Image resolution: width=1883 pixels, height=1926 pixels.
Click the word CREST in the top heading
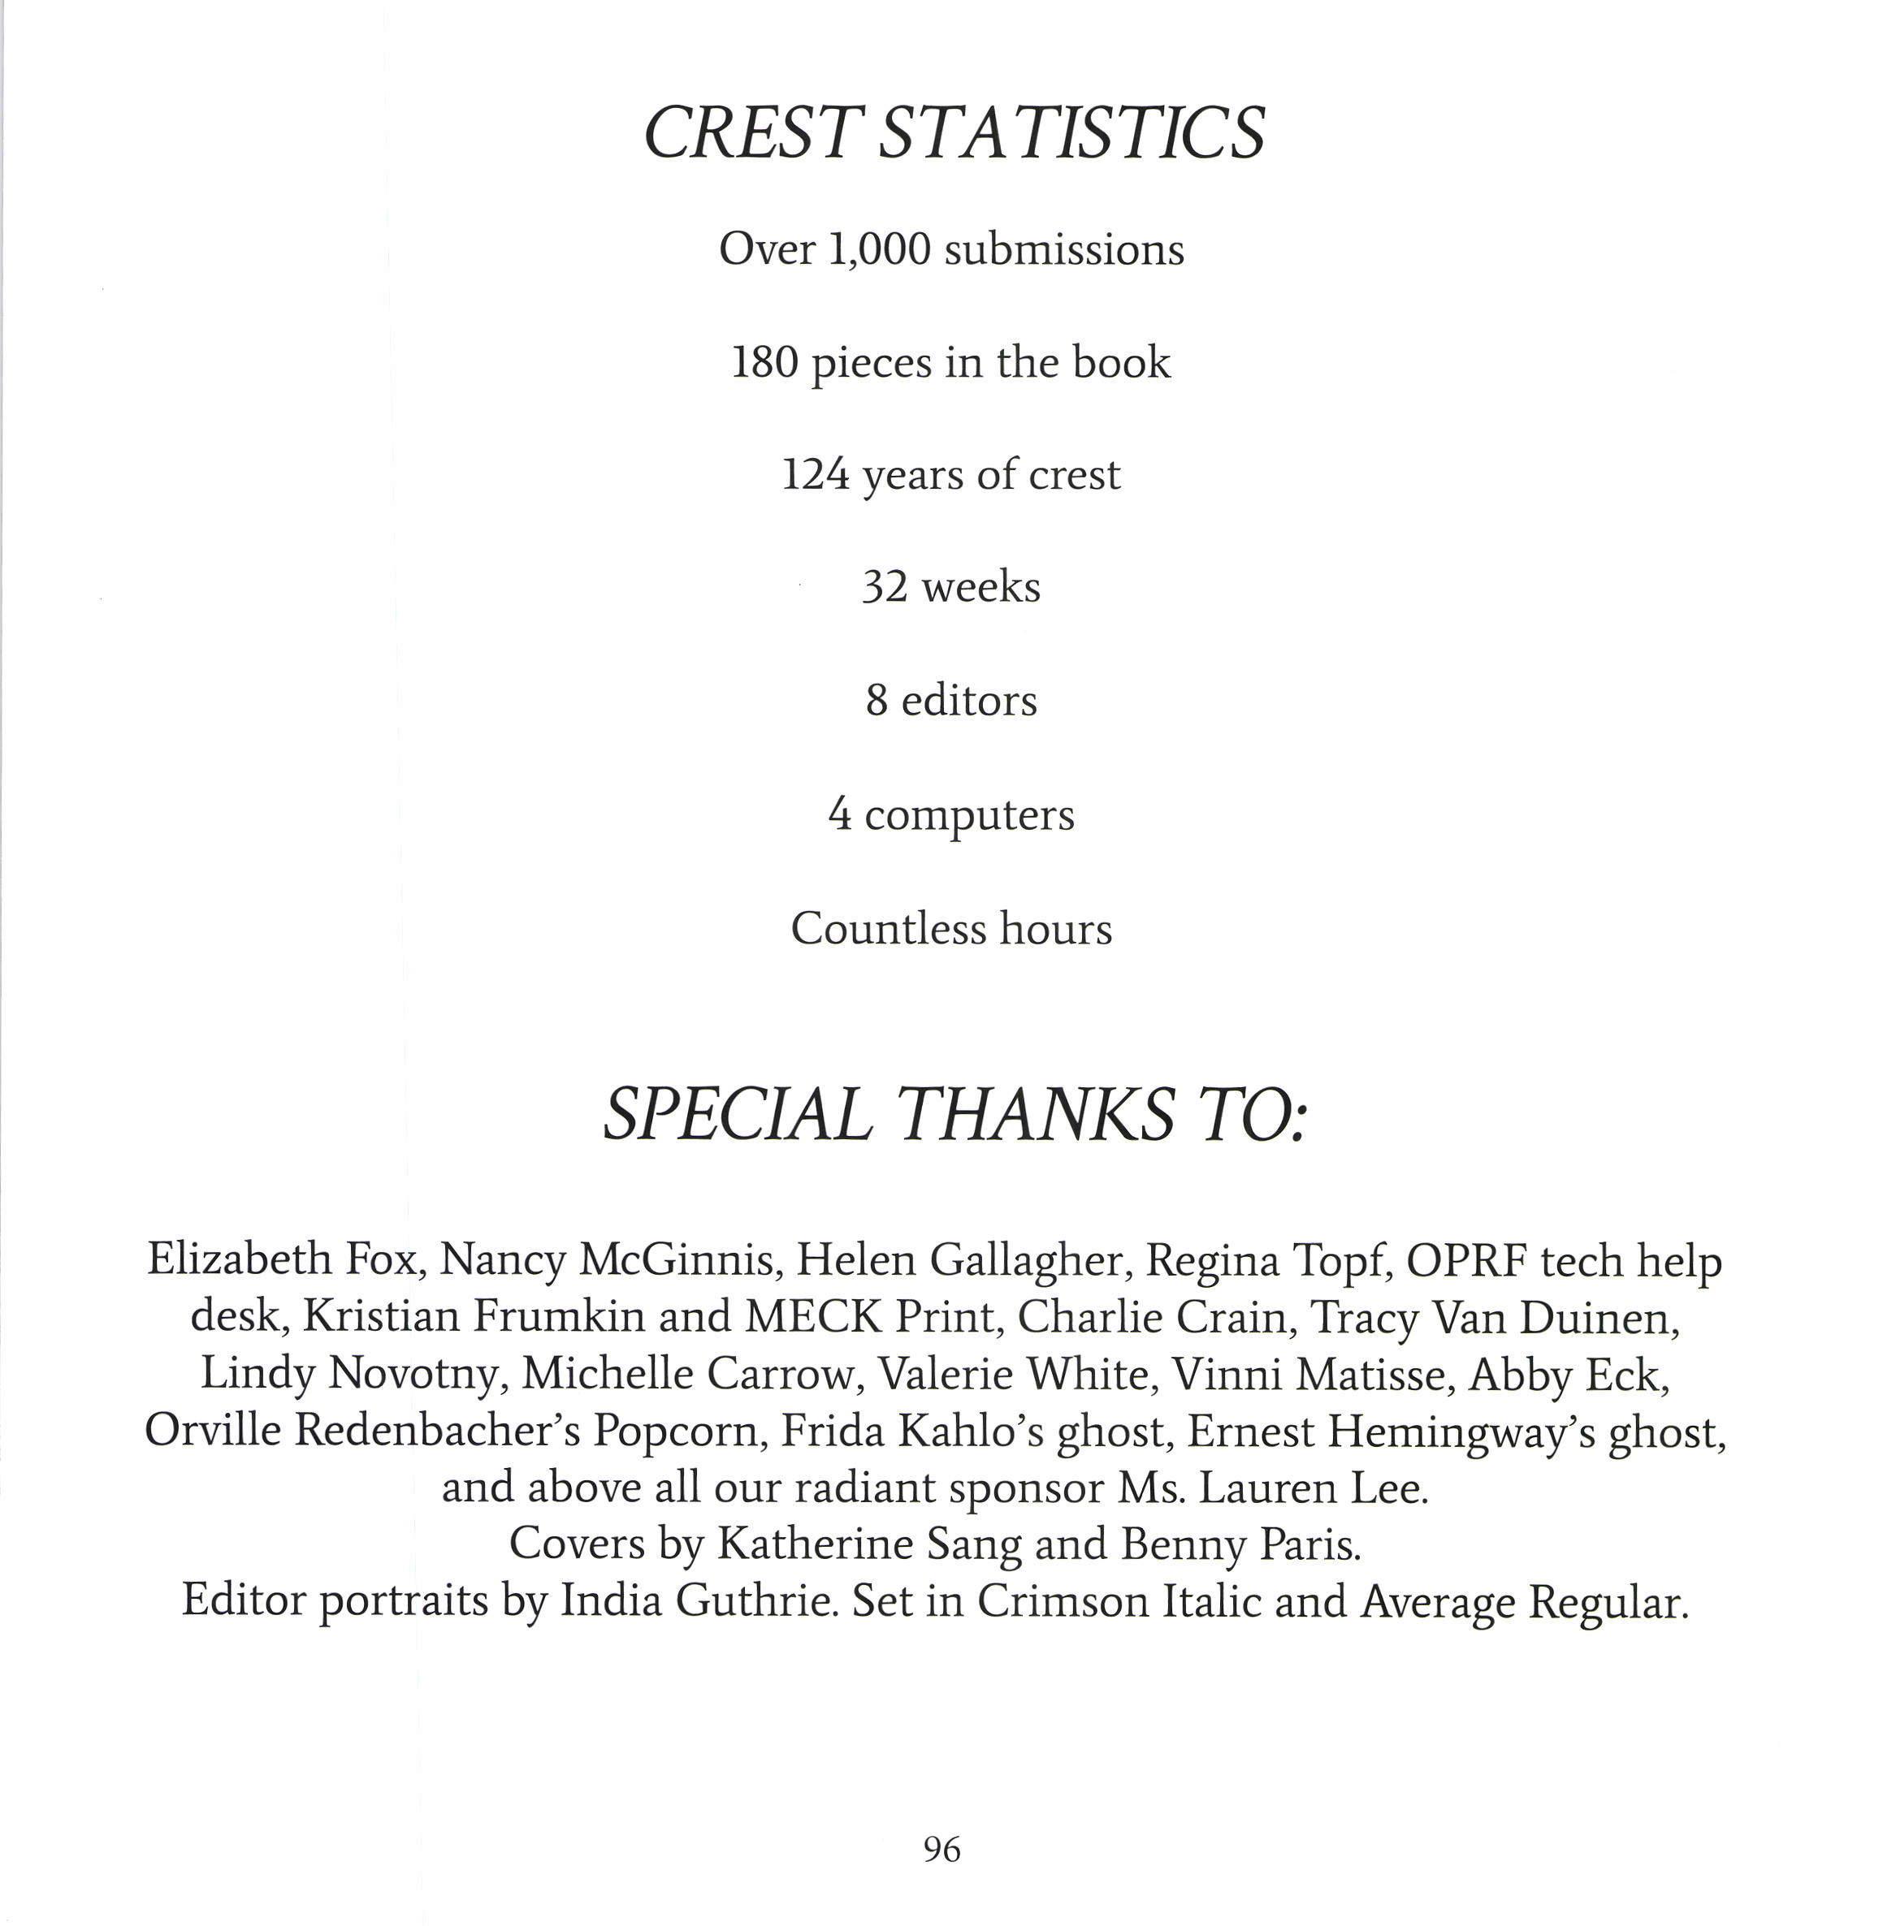point(749,132)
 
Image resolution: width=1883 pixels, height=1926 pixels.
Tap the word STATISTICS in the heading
point(1071,132)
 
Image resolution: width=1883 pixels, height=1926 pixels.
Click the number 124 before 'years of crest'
point(815,476)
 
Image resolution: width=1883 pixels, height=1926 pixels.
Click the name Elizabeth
point(240,1259)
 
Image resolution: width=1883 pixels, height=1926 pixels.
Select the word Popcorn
point(681,1431)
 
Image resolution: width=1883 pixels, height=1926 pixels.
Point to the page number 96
point(941,1849)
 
